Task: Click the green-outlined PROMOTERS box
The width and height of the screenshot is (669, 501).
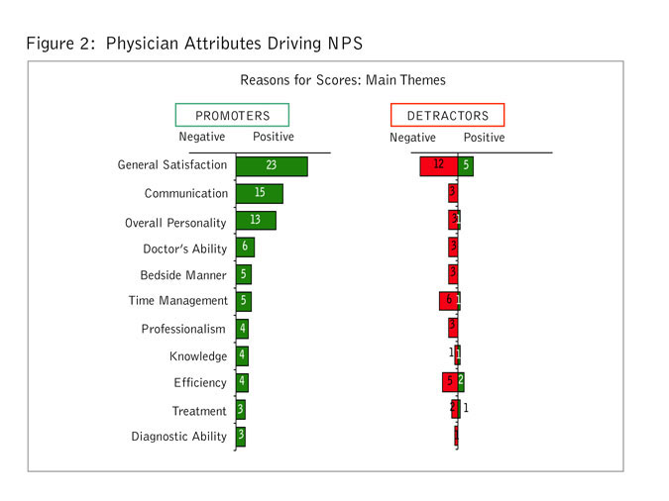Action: point(232,115)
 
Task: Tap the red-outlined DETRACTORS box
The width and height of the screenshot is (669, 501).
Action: point(448,115)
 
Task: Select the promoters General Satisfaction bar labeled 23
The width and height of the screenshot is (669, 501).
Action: point(272,165)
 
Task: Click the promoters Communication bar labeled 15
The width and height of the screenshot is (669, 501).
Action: point(260,193)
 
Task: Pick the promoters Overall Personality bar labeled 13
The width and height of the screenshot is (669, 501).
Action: point(256,220)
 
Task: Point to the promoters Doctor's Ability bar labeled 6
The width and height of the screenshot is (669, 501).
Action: point(245,248)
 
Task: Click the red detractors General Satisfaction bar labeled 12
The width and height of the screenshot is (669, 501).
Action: point(438,165)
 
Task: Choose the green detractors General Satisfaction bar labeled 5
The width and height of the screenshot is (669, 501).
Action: point(465,165)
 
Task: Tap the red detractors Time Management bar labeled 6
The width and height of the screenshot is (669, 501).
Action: point(448,301)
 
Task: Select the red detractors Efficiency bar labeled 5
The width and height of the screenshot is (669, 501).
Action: point(449,381)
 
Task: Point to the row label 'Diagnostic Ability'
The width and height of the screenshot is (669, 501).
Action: point(179,437)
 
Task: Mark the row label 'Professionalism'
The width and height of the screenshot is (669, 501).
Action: point(184,329)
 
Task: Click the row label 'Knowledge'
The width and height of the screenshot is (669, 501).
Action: point(198,356)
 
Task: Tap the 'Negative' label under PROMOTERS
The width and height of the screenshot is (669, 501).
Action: point(201,138)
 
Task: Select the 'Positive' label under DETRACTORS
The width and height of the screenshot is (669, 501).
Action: point(484,138)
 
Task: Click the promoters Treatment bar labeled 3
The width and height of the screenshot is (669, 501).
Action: point(241,410)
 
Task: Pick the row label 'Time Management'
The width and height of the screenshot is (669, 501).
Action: point(177,301)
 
